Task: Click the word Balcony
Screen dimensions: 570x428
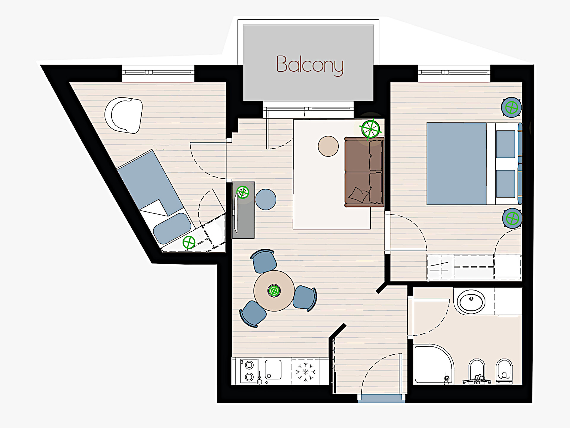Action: [x=310, y=65]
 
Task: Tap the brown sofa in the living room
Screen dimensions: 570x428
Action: [x=364, y=172]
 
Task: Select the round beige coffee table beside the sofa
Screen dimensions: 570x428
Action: [x=328, y=146]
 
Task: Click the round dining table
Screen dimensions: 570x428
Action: [x=274, y=291]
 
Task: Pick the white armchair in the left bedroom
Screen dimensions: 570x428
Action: [x=124, y=115]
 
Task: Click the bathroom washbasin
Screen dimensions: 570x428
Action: [x=471, y=302]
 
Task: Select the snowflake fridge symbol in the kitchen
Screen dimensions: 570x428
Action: [x=305, y=372]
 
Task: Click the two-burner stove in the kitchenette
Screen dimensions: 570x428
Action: [x=249, y=371]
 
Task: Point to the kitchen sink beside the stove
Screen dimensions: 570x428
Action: [x=273, y=369]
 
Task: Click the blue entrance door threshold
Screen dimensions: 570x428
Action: [x=381, y=399]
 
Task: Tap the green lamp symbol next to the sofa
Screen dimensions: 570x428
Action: [x=370, y=129]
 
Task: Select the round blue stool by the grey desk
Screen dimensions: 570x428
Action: [x=266, y=199]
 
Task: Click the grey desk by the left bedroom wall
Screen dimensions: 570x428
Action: [x=243, y=210]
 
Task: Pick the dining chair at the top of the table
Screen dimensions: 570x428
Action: [x=264, y=261]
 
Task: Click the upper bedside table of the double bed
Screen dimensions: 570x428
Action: [x=511, y=107]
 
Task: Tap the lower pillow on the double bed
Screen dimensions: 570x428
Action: [x=506, y=184]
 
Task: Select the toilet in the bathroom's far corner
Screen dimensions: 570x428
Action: [x=504, y=372]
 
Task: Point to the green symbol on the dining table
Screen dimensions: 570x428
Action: [x=274, y=291]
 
